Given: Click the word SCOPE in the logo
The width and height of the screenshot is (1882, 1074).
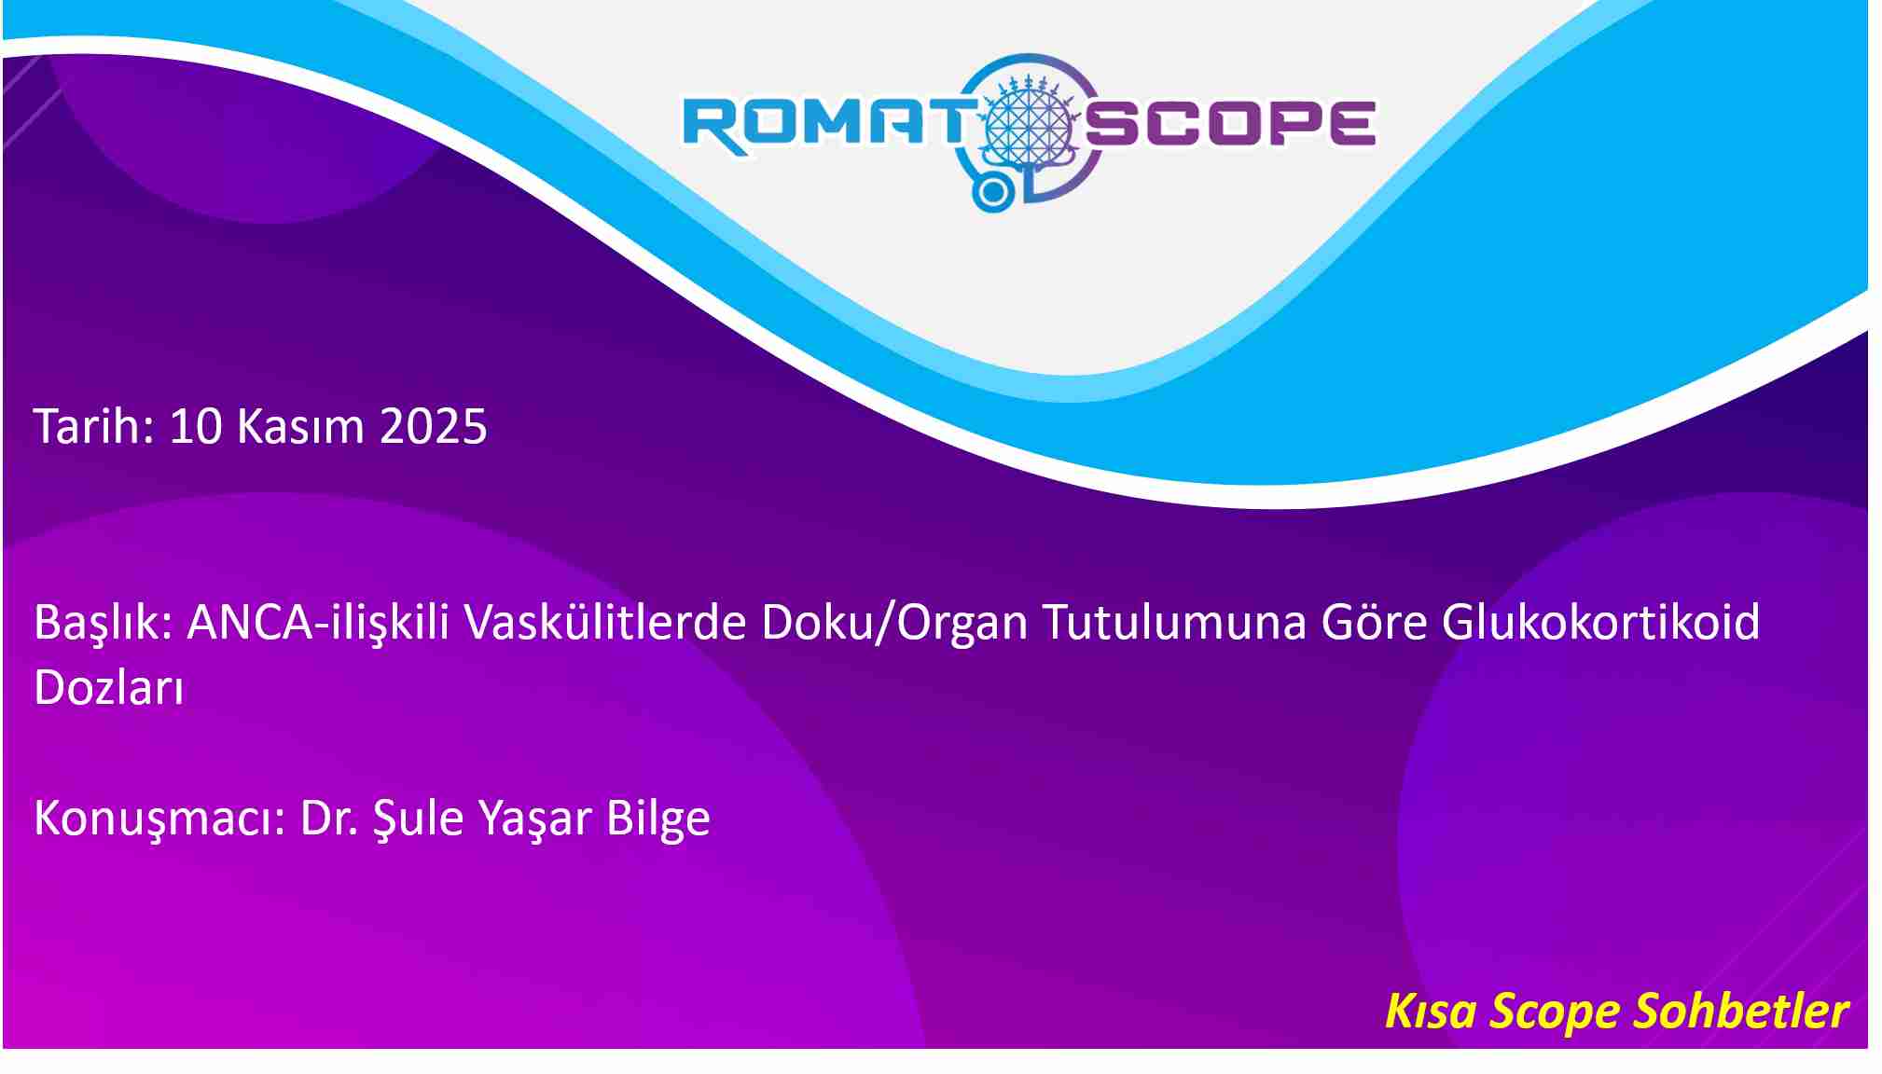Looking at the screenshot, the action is [1230, 124].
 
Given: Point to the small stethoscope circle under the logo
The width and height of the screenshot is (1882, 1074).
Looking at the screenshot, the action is [993, 192].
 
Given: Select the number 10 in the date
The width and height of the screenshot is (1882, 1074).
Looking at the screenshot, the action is [196, 427].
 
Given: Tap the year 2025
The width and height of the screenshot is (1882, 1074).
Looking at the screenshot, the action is [433, 427].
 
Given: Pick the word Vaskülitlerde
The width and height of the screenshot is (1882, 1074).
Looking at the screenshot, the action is [605, 622].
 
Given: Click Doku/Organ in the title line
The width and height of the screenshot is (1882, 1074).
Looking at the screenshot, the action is [894, 623].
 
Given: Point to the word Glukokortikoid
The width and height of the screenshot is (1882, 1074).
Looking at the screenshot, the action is [1600, 622].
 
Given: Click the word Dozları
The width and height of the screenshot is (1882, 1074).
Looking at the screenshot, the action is [109, 688].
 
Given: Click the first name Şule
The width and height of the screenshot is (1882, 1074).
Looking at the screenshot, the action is [418, 819].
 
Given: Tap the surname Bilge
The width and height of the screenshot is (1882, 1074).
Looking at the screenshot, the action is [658, 819].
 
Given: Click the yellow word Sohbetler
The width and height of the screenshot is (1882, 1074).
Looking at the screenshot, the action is [1741, 1011].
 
